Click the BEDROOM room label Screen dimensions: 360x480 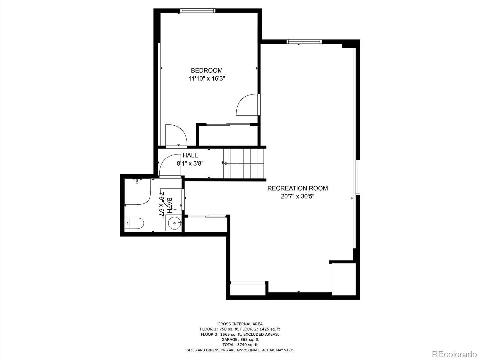click(x=207, y=70)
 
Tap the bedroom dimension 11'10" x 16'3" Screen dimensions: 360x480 click(x=207, y=79)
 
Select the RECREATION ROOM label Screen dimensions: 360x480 click(x=297, y=188)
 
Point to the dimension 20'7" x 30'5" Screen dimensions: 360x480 click(x=297, y=197)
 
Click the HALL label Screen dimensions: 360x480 click(x=190, y=155)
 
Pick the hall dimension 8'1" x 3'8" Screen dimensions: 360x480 click(x=190, y=163)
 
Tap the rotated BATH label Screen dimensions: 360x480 click(x=169, y=205)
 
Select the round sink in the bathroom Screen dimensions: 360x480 click(x=174, y=223)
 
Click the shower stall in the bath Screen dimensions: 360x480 click(x=137, y=191)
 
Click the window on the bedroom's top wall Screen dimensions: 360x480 click(x=198, y=11)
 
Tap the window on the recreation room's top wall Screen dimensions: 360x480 click(x=304, y=42)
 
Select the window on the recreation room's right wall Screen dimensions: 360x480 click(x=358, y=178)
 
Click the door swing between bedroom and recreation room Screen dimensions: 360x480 click(x=247, y=105)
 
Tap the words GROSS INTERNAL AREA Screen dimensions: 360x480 click(x=240, y=324)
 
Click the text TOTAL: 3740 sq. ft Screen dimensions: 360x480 click(x=240, y=345)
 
